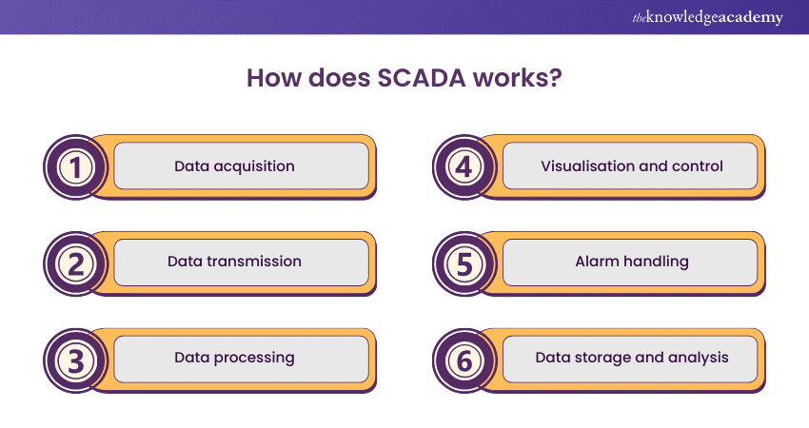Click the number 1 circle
(74, 166)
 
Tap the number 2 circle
(74, 263)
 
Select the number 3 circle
(74, 359)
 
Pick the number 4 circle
(463, 166)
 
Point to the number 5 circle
(463, 263)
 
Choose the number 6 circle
(463, 359)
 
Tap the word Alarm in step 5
(596, 262)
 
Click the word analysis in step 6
(696, 359)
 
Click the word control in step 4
(699, 166)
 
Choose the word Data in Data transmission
(184, 262)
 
